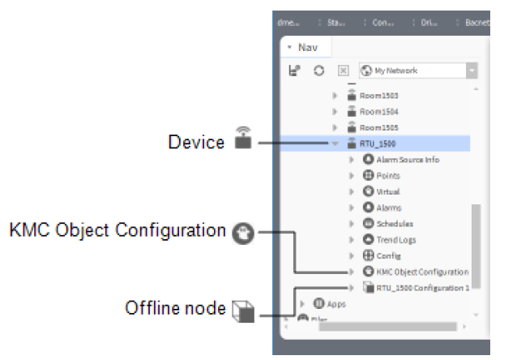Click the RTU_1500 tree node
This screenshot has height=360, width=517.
coord(377,144)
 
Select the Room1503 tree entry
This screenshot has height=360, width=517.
coord(377,96)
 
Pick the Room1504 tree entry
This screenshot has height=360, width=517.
coord(377,111)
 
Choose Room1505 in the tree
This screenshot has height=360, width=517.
coord(377,127)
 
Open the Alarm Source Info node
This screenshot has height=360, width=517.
coord(407,160)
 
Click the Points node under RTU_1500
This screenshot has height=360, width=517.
coord(387,175)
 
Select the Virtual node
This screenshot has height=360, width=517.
coord(387,191)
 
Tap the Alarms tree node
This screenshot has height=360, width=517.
coord(388,208)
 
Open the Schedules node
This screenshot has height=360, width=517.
coord(394,223)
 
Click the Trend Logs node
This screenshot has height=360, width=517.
coord(395,239)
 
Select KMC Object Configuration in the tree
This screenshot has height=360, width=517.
coord(421,272)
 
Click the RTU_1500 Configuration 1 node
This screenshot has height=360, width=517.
coord(421,287)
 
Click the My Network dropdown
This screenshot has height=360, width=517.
coord(417,71)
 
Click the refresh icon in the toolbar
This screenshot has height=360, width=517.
coord(319,71)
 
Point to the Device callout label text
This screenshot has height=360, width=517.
coord(196,143)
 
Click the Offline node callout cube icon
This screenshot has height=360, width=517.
coord(242,308)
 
